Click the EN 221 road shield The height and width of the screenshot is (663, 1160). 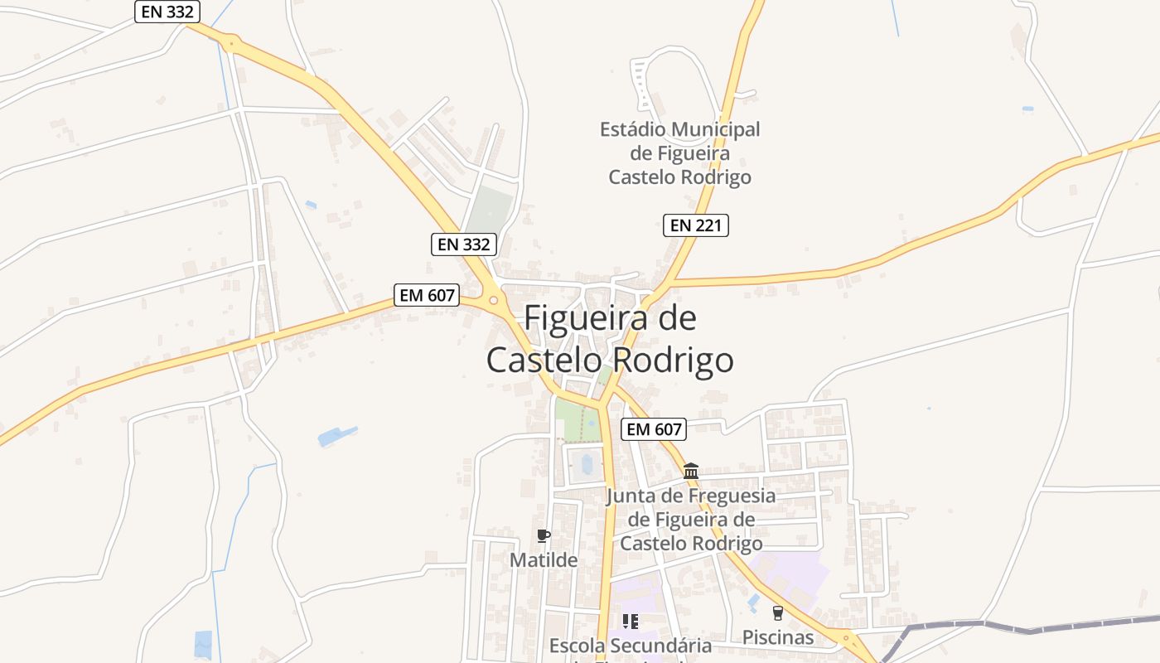pos(696,225)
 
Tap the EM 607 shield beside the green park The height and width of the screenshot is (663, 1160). pos(654,428)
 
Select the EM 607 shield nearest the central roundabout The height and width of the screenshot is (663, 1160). pos(427,295)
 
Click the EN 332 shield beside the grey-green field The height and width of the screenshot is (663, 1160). pos(464,244)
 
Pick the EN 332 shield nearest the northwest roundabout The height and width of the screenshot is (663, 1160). pos(167,12)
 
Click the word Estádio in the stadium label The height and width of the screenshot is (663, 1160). pos(633,129)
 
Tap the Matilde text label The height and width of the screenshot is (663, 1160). pos(543,560)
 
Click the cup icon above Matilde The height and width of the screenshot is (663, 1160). pos(543,535)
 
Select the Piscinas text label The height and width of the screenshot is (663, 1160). pos(777,637)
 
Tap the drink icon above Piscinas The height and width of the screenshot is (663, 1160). pos(777,613)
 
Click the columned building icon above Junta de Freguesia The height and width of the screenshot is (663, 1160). pos(691,471)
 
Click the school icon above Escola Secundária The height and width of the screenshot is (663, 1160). pos(630,621)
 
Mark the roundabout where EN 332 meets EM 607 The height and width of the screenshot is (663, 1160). pos(493,300)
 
